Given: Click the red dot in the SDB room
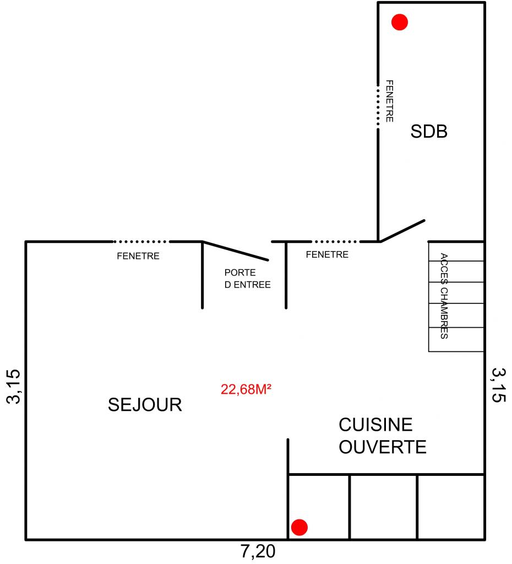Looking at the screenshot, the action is [x=400, y=22].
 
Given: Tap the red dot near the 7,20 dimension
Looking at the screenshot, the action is [x=299, y=527].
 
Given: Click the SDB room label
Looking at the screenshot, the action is [x=429, y=131].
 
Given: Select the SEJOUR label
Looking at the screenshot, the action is [x=145, y=405].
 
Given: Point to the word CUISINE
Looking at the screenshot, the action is [x=375, y=425].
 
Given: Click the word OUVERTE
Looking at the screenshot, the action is [x=383, y=447].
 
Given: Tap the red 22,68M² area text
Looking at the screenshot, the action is [x=246, y=389].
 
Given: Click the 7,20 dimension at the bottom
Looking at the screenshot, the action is [x=258, y=551].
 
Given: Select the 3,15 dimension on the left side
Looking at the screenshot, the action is [x=14, y=386].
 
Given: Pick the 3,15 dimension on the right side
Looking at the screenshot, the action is [x=499, y=385].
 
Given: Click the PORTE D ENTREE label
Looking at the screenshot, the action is [x=247, y=278].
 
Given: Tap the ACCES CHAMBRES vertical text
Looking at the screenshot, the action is [x=444, y=296].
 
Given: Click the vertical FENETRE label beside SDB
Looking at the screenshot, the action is [x=389, y=101].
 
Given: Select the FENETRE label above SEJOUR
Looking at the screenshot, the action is [x=138, y=256].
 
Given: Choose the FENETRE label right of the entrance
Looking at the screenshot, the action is [x=327, y=254].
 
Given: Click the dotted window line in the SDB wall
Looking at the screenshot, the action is [x=378, y=106].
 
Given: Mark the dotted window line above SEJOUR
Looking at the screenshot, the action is [x=140, y=241].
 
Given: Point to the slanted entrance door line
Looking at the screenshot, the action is [x=235, y=251].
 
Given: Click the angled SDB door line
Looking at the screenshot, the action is [x=402, y=231].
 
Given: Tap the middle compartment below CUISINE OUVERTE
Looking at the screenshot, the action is [x=383, y=507].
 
